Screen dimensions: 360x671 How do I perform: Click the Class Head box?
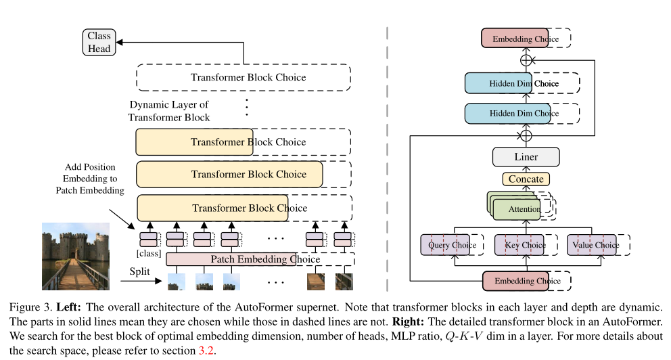coord(99,41)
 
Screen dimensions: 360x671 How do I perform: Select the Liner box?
coord(526,157)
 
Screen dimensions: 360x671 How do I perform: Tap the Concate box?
coord(526,179)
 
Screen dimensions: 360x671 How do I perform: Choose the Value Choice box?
coord(593,245)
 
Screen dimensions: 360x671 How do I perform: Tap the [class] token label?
coord(147,252)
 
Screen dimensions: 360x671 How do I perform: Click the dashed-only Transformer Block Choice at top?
coord(248,77)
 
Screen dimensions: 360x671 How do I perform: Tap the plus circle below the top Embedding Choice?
coord(526,60)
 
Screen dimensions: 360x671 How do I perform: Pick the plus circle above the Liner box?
coord(526,135)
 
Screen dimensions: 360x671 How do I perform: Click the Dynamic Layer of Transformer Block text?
coord(169,111)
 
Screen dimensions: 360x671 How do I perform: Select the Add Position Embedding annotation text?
coord(90,179)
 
